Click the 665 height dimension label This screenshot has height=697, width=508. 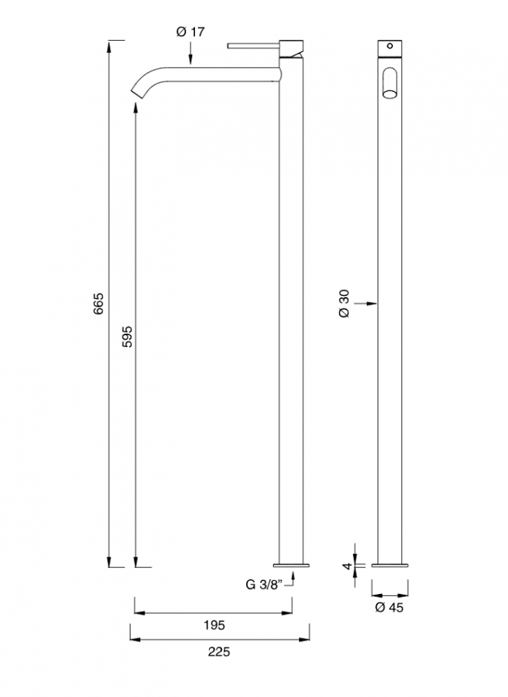(x=99, y=305)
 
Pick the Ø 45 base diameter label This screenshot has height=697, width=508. (x=389, y=608)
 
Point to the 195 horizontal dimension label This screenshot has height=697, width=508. (x=214, y=625)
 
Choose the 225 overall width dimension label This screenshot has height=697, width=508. (x=219, y=652)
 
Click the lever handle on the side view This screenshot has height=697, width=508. (x=252, y=44)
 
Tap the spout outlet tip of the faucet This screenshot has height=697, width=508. (x=139, y=91)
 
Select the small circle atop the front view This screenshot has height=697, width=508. (x=389, y=45)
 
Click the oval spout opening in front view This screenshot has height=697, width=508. (x=389, y=82)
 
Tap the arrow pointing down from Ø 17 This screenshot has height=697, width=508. (x=191, y=59)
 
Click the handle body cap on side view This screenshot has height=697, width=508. (x=290, y=46)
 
